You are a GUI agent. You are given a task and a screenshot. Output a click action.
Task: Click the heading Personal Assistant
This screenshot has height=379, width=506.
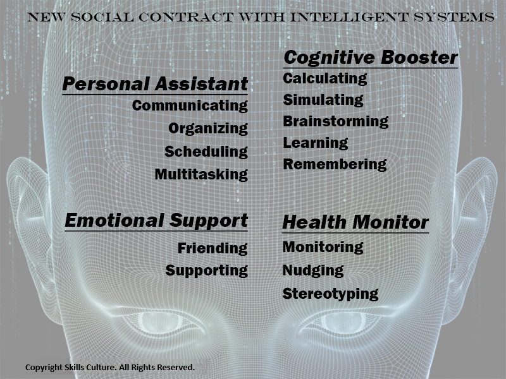tap(155, 85)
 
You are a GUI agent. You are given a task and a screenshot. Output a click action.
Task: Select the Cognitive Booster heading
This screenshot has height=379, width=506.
tap(371, 57)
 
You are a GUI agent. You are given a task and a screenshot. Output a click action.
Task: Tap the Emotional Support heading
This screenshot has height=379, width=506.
tap(156, 221)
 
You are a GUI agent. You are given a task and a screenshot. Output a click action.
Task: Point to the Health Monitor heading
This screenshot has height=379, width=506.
tap(355, 222)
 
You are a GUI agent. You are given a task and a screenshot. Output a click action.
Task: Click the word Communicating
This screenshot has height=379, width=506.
tap(190, 105)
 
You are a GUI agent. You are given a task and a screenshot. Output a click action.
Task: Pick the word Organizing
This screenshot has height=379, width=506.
tap(208, 129)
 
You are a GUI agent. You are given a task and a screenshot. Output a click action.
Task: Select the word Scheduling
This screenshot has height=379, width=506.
tap(206, 152)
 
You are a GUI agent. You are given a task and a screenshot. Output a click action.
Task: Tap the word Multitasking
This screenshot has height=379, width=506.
tap(201, 174)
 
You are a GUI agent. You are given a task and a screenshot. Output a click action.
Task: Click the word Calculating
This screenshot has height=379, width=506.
tap(325, 78)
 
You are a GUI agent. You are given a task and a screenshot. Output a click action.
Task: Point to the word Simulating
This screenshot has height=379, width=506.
tap(323, 100)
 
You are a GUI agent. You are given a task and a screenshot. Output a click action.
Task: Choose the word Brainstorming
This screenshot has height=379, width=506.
tap(336, 121)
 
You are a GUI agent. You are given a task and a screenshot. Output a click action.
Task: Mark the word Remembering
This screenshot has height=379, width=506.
tap(335, 164)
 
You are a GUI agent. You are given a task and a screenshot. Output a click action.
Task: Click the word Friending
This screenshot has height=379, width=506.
tap(213, 248)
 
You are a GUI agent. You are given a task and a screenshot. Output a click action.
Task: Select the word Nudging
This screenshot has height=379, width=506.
tap(313, 271)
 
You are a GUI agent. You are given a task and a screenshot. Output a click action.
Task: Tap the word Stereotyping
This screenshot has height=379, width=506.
tap(330, 294)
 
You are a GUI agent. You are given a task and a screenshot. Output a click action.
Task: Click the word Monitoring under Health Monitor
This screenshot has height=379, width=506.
tap(323, 247)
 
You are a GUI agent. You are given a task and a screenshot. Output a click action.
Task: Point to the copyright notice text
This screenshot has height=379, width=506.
tap(110, 368)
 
